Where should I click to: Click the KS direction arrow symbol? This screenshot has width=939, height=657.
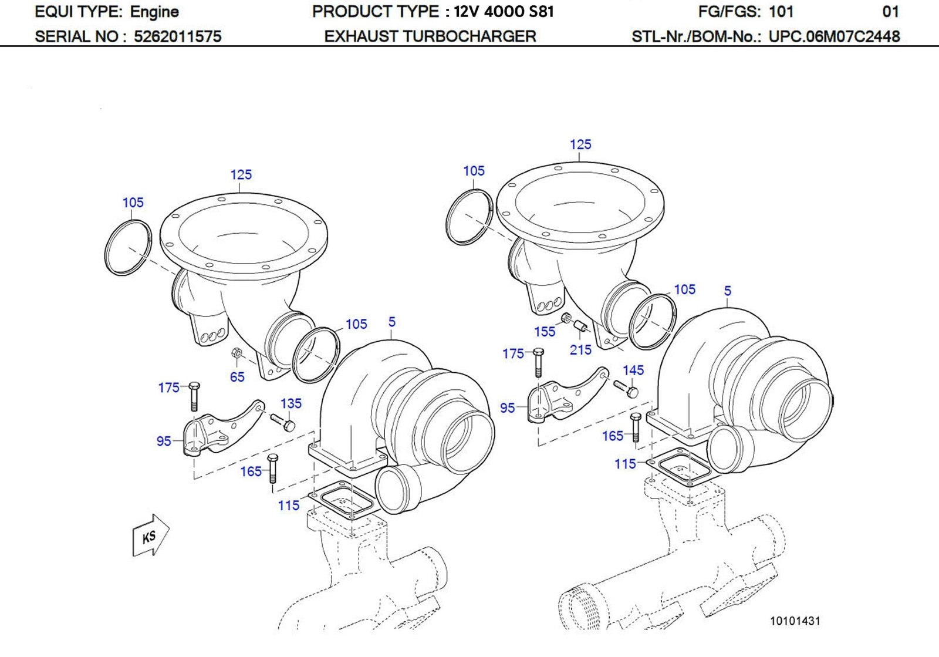(x=150, y=535)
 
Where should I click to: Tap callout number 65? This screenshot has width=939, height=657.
(x=237, y=377)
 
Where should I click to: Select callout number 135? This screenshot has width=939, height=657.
(x=291, y=403)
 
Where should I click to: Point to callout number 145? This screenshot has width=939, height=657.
(x=633, y=370)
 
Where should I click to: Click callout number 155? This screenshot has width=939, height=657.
(x=544, y=332)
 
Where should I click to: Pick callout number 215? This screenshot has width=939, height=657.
(x=580, y=349)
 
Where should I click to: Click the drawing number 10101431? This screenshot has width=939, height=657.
(x=795, y=621)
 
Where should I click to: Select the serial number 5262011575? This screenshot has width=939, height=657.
(x=177, y=36)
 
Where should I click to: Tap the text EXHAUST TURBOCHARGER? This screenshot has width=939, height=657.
(x=430, y=36)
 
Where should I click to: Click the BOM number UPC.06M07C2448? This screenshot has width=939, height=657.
(x=834, y=36)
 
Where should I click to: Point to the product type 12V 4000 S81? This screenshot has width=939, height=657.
(x=504, y=12)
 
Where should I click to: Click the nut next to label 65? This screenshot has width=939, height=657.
(x=237, y=353)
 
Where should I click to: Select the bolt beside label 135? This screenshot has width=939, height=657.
(x=283, y=422)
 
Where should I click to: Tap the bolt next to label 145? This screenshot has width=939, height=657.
(x=626, y=389)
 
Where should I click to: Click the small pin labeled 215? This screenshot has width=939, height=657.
(x=580, y=326)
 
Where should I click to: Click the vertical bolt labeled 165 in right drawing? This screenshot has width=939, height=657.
(x=636, y=427)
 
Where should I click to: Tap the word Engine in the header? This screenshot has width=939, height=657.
(x=154, y=12)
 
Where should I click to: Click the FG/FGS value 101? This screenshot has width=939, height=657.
(x=781, y=12)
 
